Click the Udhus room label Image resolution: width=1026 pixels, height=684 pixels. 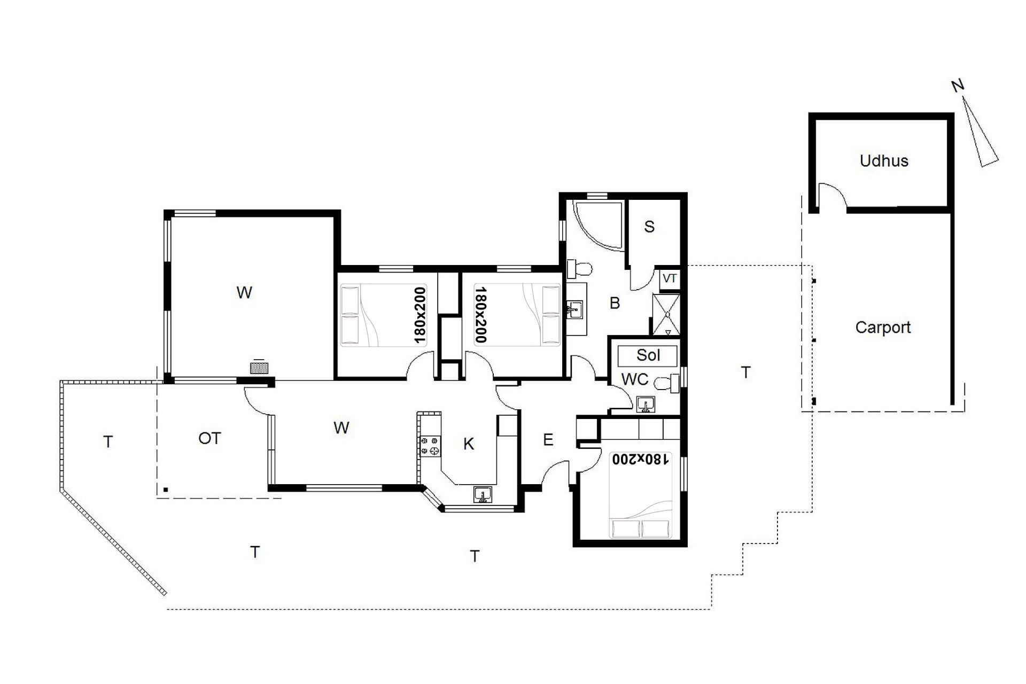click(884, 161)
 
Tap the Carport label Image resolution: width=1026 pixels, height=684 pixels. click(883, 328)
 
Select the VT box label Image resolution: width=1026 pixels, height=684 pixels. click(670, 278)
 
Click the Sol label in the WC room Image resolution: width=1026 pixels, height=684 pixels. click(648, 355)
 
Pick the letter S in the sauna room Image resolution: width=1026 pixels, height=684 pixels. click(649, 227)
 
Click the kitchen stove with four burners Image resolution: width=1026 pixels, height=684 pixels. click(430, 446)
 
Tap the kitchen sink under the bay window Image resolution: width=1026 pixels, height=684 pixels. click(483, 495)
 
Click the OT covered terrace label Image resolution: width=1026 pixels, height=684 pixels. click(209, 439)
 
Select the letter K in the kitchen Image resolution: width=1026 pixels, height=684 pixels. click(469, 444)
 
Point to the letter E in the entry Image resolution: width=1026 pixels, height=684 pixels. click(548, 440)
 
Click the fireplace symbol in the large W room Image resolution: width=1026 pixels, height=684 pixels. click(259, 368)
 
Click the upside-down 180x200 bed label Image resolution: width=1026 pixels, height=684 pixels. click(640, 459)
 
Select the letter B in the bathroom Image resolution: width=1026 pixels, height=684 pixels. click(615, 303)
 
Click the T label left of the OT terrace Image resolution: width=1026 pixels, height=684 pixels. click(108, 442)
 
